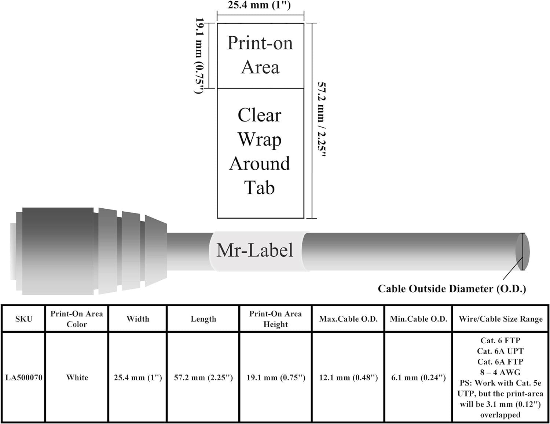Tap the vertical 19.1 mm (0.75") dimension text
[199, 56]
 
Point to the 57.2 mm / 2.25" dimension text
[322, 120]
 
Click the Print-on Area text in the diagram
[260, 55]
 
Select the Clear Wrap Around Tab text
[260, 151]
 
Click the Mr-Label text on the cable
[255, 251]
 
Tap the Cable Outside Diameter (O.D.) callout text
[452, 289]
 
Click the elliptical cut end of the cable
[522, 252]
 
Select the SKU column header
[24, 319]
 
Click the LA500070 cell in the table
[24, 377]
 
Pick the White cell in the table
[77, 377]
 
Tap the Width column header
[138, 319]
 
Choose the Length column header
[203, 319]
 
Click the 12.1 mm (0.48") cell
[348, 377]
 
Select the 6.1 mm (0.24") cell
[418, 377]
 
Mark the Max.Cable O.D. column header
[348, 319]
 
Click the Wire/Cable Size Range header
[500, 319]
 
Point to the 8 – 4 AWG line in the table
[500, 372]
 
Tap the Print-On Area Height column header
[275, 319]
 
